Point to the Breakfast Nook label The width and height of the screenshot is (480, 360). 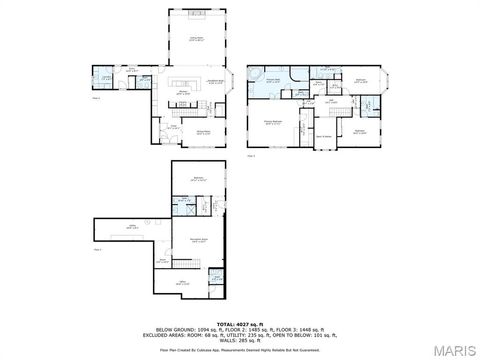click(213, 82)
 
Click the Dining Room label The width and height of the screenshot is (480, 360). click(203, 130)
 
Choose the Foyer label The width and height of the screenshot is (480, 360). click(173, 127)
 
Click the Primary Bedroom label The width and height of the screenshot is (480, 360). click(272, 122)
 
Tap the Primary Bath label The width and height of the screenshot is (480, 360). click(272, 81)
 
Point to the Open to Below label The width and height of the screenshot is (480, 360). click(325, 135)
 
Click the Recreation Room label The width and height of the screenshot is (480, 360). click(199, 240)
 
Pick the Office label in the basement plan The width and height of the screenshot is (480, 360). click(183, 283)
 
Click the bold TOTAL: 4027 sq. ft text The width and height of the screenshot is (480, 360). click(240, 325)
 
